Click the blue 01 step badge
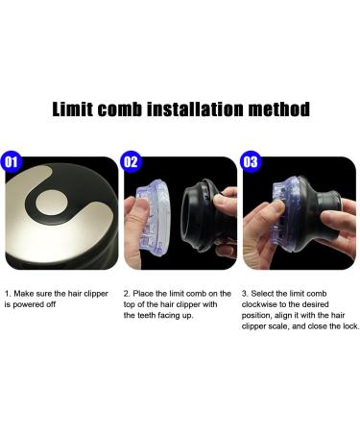pos(12,161)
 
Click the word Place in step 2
pos(146,292)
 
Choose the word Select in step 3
pos(265,292)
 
